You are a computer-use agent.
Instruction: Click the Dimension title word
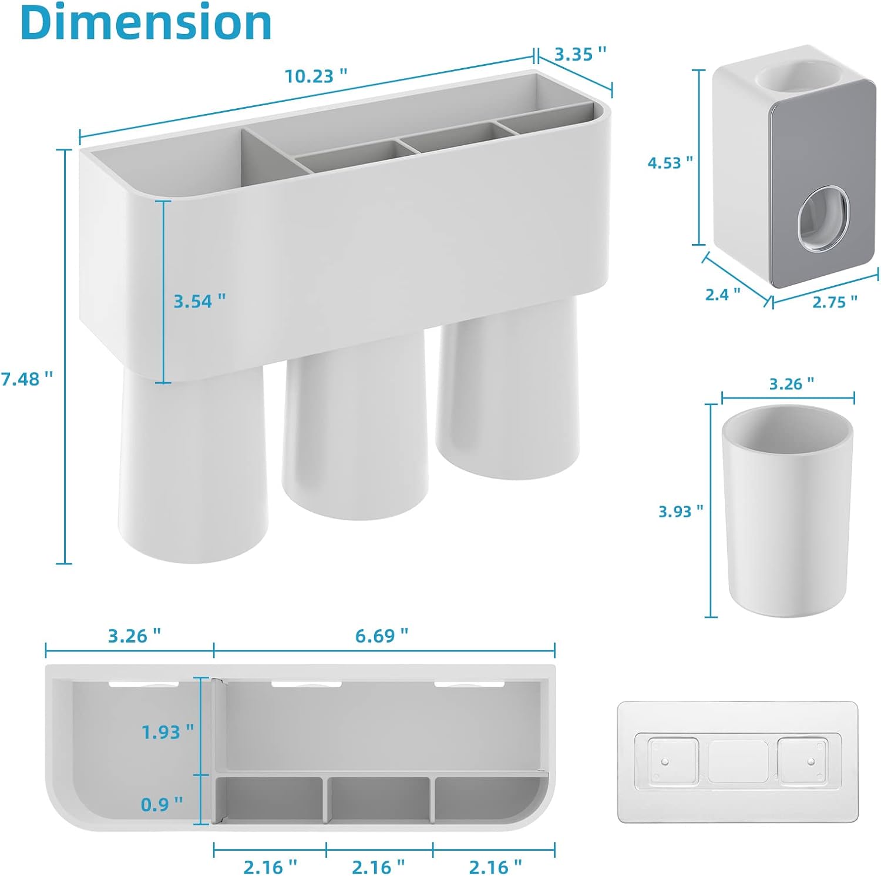[x=146, y=22]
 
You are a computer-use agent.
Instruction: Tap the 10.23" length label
[x=316, y=76]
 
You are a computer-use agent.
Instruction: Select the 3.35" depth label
[x=580, y=54]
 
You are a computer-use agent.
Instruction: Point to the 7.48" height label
[x=27, y=379]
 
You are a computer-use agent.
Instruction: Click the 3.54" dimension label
[x=199, y=301]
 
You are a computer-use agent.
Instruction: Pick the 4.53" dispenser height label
[x=670, y=163]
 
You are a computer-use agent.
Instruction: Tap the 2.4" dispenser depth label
[x=722, y=294]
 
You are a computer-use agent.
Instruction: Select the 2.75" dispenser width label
[x=835, y=302]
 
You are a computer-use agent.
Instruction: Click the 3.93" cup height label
[x=680, y=511]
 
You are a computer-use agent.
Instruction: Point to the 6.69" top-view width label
[x=381, y=636]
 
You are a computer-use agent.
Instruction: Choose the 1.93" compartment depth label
[x=167, y=732]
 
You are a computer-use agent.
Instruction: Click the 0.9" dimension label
[x=162, y=804]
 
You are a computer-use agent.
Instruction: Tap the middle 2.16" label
[x=378, y=867]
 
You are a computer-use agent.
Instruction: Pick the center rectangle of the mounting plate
[x=738, y=761]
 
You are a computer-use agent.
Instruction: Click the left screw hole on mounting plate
[x=665, y=761]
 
